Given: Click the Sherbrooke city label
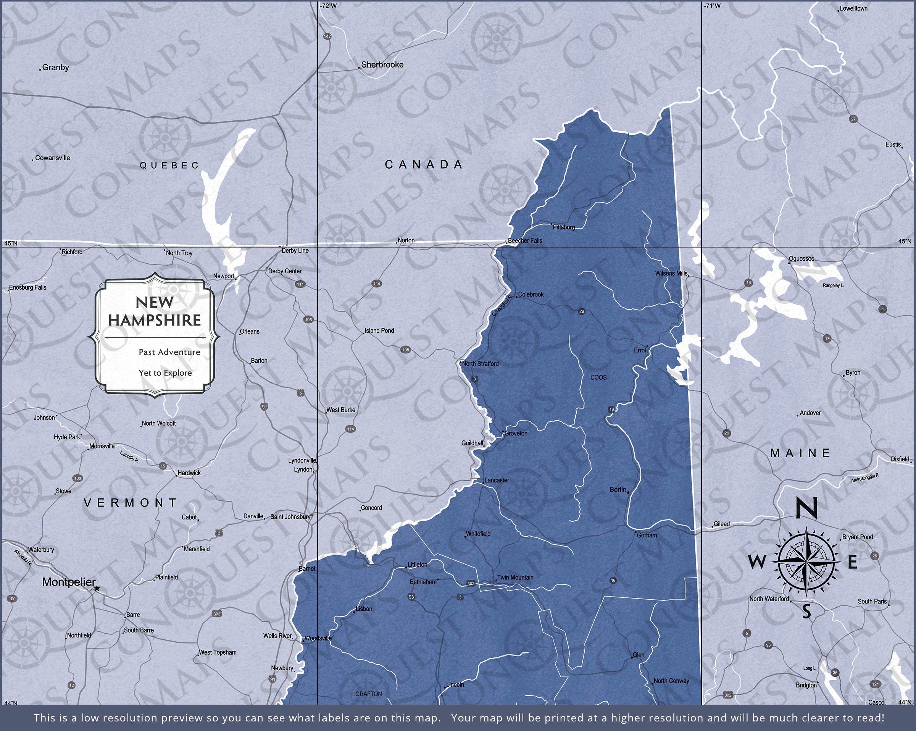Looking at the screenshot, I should click(x=382, y=65).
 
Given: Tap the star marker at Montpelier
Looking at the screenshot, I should click(x=97, y=589).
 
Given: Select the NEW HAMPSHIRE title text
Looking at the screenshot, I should click(x=154, y=311).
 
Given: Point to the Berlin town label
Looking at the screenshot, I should click(x=618, y=490).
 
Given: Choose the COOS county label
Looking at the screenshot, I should click(x=598, y=378).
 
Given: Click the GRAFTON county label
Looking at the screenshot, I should click(x=368, y=694).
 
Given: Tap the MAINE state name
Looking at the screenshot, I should click(x=800, y=453).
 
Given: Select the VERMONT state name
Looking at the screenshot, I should click(x=131, y=503).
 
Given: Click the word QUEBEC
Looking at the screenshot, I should click(x=169, y=165).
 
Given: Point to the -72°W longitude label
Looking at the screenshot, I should click(x=328, y=5).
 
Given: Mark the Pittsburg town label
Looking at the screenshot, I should click(x=564, y=228).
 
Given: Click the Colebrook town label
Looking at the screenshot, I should click(x=531, y=294).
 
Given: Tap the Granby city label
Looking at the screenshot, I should click(x=55, y=67).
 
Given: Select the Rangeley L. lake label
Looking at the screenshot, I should click(x=833, y=286).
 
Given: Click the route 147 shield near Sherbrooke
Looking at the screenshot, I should click(x=327, y=37).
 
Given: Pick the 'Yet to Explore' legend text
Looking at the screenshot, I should click(x=165, y=373).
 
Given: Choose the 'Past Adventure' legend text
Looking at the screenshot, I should click(x=169, y=352).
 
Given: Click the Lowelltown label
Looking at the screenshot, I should click(x=853, y=8).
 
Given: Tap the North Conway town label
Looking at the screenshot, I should click(x=671, y=681).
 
